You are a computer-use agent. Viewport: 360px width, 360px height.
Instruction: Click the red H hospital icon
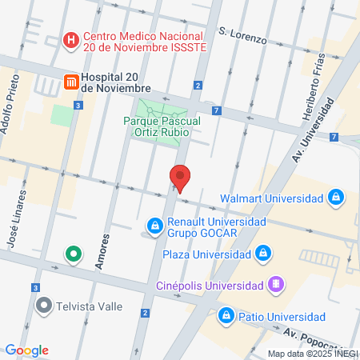point(72,39)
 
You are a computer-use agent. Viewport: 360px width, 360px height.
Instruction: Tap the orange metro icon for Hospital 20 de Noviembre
point(71,81)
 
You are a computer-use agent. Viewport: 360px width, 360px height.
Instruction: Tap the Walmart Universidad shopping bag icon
point(338,198)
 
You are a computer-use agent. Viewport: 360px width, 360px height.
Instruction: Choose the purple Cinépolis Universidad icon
point(275,285)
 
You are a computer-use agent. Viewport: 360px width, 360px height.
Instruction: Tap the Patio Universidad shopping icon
point(227,314)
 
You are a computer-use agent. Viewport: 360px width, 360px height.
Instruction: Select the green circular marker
point(73,255)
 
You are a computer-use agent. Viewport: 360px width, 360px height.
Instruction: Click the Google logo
point(26,350)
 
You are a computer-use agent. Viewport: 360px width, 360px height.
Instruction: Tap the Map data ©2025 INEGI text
point(312,353)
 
